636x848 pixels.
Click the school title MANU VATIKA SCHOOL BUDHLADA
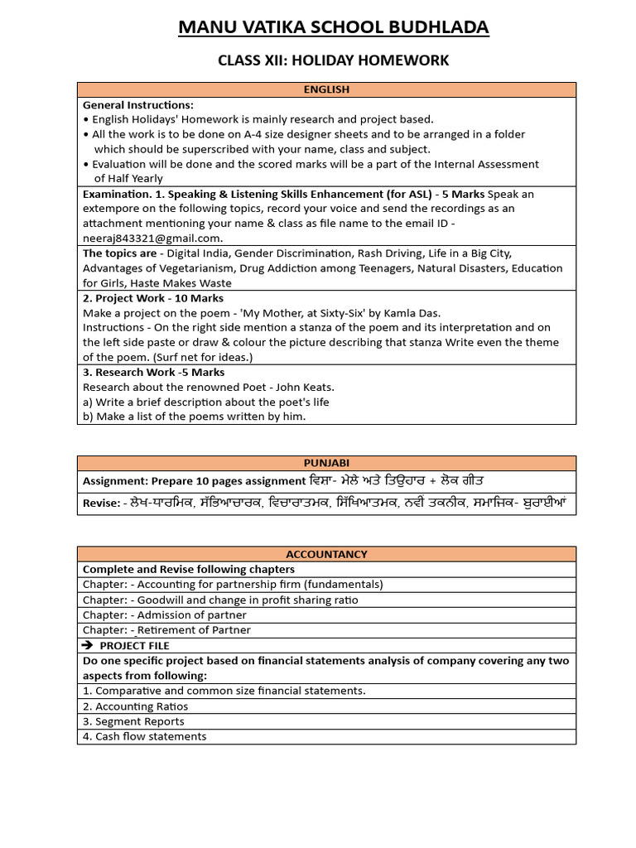pos(334,28)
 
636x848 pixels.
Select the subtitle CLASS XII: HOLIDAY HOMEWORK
pos(333,60)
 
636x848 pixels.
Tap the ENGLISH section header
pos(326,89)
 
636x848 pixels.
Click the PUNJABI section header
pos(326,463)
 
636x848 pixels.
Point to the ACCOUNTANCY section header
pos(326,554)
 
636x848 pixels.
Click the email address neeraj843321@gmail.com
pos(152,238)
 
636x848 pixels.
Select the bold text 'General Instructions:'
pos(137,105)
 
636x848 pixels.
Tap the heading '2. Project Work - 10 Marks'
pos(152,298)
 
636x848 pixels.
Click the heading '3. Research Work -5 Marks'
pos(153,373)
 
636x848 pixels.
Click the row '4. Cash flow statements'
pos(144,736)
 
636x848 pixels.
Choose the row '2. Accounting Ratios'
pos(135,706)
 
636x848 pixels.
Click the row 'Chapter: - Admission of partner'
pos(164,615)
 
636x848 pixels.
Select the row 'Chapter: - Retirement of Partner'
pos(166,630)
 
